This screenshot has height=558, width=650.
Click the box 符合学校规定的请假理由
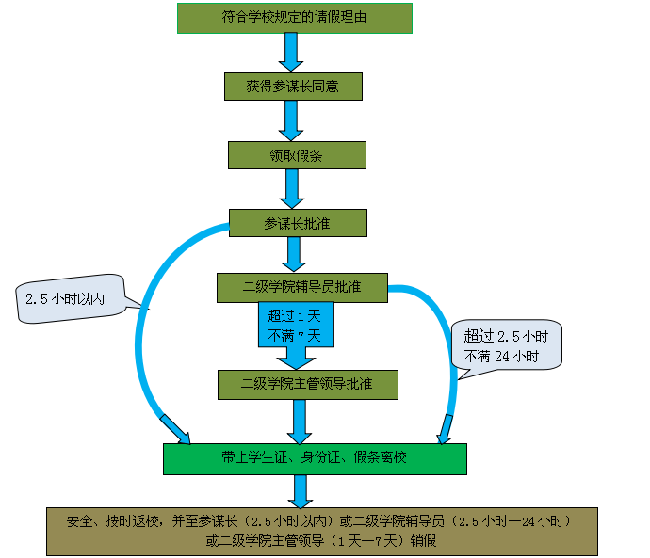pos(294,18)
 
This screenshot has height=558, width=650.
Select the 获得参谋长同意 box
pos(293,86)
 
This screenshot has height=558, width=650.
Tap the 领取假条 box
pos(297,155)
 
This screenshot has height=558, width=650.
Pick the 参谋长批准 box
pos(297,223)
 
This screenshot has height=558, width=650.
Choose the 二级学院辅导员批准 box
pos(301,287)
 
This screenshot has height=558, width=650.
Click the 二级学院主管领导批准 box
pos(307,384)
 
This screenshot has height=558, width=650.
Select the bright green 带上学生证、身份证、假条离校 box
pos(315,458)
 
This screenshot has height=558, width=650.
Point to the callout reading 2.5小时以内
pos(70,298)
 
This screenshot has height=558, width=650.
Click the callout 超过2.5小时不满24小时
pos(507,345)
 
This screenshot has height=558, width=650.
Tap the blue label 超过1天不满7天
pos(296,325)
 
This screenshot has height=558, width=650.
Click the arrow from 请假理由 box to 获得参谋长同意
pos(292,52)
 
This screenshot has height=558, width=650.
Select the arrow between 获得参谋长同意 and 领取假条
pos(293,120)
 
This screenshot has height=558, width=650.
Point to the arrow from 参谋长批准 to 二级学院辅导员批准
pos(295,254)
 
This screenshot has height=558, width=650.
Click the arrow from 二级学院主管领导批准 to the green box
pos(301,421)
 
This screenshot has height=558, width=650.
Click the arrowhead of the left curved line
pos(177,429)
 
